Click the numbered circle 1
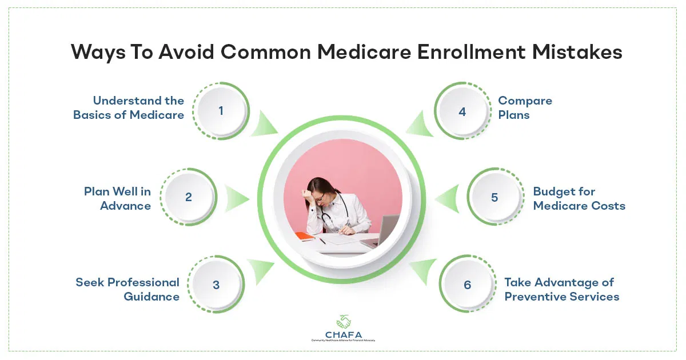click(x=221, y=111)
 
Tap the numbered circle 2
click(x=188, y=198)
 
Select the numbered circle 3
click(x=216, y=285)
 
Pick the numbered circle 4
click(x=462, y=111)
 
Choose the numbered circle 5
click(x=494, y=198)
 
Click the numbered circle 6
click(x=468, y=285)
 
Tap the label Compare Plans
click(x=525, y=107)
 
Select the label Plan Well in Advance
click(x=117, y=198)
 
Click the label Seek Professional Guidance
click(x=127, y=289)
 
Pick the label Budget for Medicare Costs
click(x=579, y=198)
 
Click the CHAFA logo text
click(x=342, y=333)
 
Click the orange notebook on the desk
click(x=306, y=235)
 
